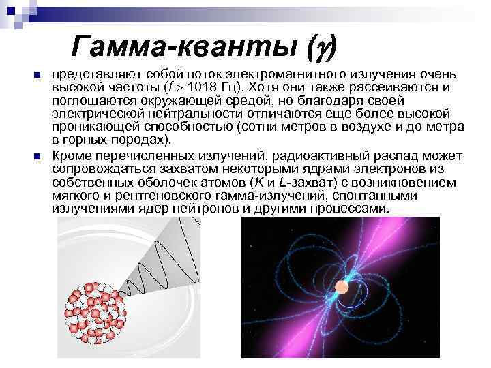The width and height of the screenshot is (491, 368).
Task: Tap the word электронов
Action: coord(375,170)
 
